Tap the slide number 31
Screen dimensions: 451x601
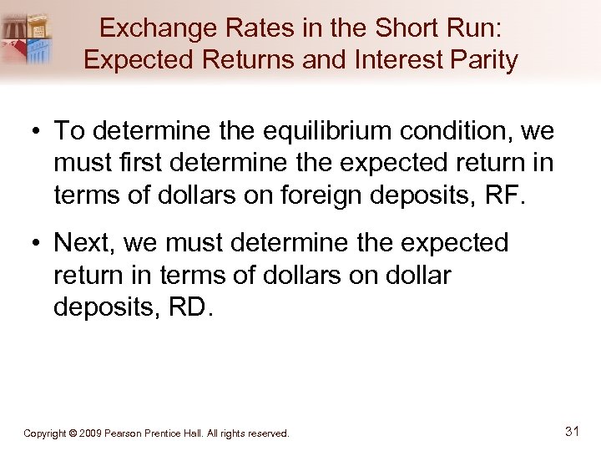click(572, 432)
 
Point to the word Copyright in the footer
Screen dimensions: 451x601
click(45, 433)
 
